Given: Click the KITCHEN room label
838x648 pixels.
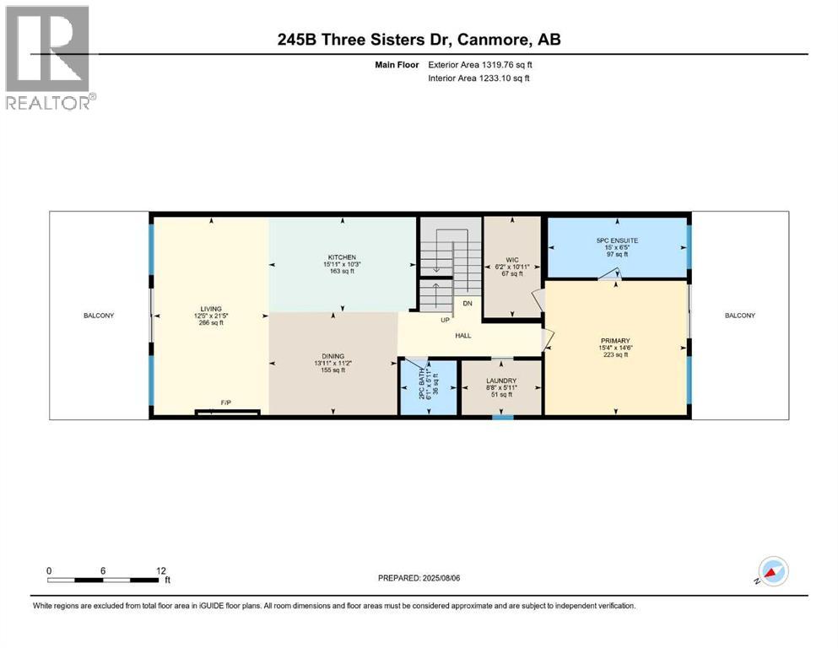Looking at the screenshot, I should tap(342, 257).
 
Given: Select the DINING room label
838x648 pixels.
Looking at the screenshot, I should tap(332, 356).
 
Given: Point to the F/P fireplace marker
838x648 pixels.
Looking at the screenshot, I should tap(226, 403).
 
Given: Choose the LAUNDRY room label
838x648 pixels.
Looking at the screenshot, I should tap(501, 380).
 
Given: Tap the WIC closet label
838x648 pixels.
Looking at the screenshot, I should tap(512, 260).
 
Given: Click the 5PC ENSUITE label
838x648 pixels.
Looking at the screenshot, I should tap(617, 240).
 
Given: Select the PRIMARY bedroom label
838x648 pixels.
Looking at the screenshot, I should tap(616, 341).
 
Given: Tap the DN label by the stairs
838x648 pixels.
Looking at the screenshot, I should tap(467, 302).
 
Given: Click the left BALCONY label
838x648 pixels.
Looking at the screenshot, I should tap(99, 316).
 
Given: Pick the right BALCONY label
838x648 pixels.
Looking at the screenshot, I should tap(740, 316).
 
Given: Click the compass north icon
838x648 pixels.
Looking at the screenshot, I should tap(772, 571).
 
